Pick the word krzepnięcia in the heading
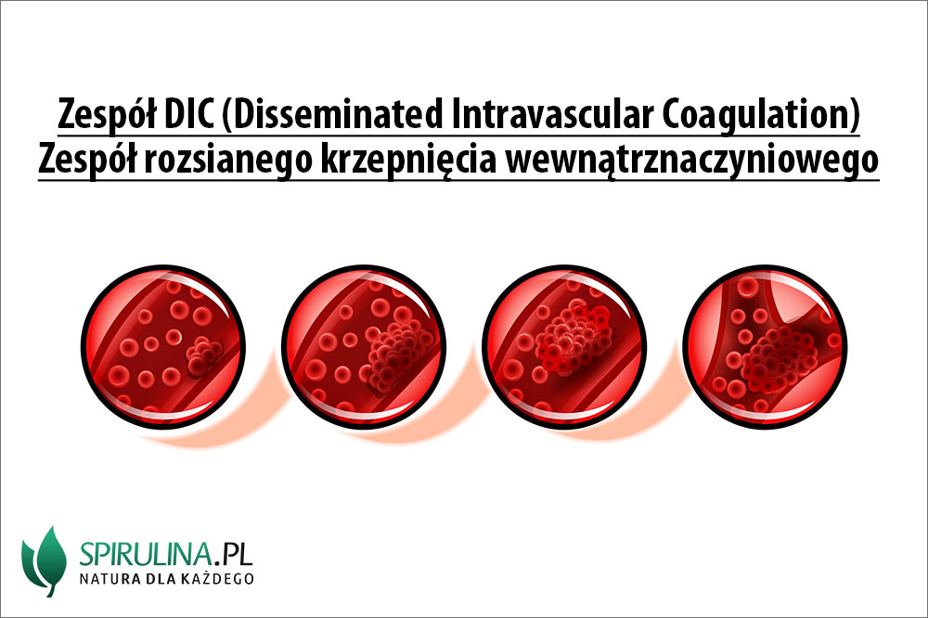point(408,161)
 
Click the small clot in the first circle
point(203,356)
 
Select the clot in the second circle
point(397,356)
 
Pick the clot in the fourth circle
point(779,359)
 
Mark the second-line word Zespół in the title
point(86,161)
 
